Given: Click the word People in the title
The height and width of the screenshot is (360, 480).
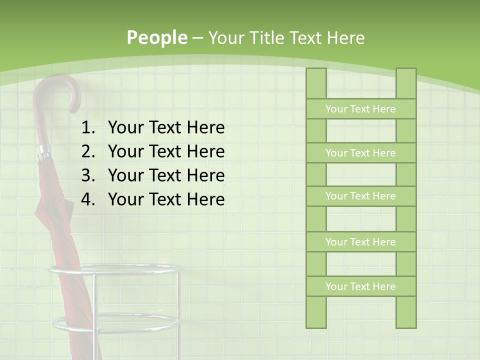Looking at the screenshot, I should click(156, 37).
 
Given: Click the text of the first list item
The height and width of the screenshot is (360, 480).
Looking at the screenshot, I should click(166, 128).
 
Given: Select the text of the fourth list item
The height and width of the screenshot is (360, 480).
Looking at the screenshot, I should click(166, 199).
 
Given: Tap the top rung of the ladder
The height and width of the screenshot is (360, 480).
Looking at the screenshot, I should click(360, 109).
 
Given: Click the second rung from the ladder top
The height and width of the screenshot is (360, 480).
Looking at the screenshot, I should click(360, 153).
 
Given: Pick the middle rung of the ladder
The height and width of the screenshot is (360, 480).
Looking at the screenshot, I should click(360, 196).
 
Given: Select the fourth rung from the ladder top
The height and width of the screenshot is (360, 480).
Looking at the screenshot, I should click(360, 242).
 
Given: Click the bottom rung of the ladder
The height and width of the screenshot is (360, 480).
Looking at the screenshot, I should click(360, 286).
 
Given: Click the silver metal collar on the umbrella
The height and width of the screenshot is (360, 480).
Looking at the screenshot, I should click(44, 150).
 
